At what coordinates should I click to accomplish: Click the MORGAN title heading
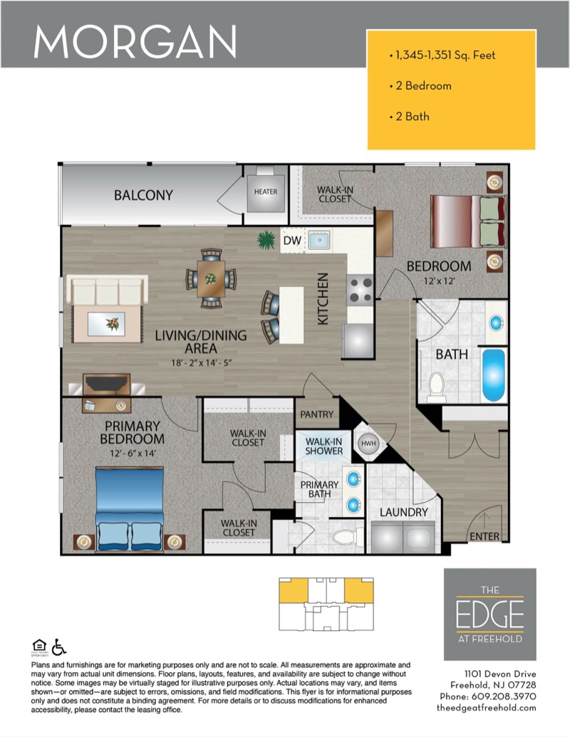click(x=135, y=41)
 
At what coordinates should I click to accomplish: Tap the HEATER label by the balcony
click(x=266, y=192)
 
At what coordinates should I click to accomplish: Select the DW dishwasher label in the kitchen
click(x=292, y=241)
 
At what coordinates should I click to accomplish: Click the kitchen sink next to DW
click(x=319, y=240)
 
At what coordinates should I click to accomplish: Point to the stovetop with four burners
click(x=361, y=290)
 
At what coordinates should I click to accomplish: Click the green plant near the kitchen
click(x=266, y=240)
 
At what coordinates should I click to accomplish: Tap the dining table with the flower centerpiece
click(x=211, y=278)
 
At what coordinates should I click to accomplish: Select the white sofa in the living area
click(x=107, y=290)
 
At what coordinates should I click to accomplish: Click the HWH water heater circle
click(x=368, y=443)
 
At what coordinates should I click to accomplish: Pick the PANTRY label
click(x=316, y=414)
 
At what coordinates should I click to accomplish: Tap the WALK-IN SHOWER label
click(x=323, y=446)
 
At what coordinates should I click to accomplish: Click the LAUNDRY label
click(x=403, y=512)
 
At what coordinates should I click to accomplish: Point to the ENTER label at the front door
click(x=484, y=536)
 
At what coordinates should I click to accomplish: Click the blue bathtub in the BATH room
click(x=493, y=375)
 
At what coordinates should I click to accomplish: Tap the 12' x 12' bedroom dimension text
click(x=440, y=281)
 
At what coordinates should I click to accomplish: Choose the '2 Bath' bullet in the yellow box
click(x=410, y=116)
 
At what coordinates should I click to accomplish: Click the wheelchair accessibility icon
click(x=59, y=647)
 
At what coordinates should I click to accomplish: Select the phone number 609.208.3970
click(x=504, y=696)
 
